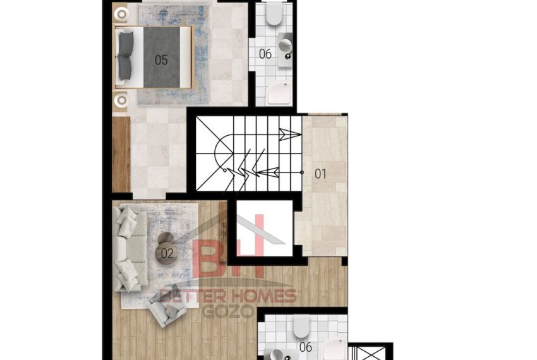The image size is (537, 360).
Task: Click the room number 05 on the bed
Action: click(x=161, y=60)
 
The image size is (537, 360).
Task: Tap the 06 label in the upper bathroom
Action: click(x=265, y=54)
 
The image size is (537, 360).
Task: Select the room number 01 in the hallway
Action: click(x=320, y=174)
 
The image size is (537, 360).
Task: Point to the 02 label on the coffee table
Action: click(x=167, y=253)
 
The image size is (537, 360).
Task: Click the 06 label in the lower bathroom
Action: click(x=306, y=347)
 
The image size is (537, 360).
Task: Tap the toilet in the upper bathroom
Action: click(x=274, y=13)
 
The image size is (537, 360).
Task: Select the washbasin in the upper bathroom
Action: click(x=286, y=49)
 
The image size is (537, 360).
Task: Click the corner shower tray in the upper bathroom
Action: click(x=279, y=92)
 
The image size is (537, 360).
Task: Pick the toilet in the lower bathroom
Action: click(x=302, y=326)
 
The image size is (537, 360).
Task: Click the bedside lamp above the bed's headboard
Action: click(x=121, y=15)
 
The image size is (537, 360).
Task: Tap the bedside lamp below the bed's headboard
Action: click(x=121, y=100)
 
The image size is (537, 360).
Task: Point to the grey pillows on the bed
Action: click(x=125, y=56)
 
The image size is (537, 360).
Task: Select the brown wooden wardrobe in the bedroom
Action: click(x=121, y=155)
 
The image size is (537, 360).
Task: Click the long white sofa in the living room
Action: click(x=131, y=248)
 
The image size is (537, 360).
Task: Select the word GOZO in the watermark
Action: click(x=227, y=311)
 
